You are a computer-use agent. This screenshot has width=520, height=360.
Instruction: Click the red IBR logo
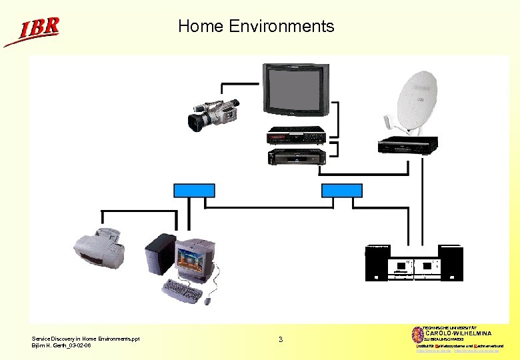33,30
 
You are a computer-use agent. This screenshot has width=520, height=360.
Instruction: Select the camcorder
213,115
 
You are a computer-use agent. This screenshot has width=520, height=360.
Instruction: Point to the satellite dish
417,100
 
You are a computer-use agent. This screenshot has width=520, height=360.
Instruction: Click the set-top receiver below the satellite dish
409,145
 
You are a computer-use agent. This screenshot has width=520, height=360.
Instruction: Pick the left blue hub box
194,191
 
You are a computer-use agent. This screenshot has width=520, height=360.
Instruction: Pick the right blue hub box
341,191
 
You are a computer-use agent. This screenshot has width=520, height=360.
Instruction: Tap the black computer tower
161,254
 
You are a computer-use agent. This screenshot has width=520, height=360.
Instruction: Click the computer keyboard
181,290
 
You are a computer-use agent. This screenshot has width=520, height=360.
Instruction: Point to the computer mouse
207,301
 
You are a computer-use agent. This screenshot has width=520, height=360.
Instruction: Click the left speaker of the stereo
377,263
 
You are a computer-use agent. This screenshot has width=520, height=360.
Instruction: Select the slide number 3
281,340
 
